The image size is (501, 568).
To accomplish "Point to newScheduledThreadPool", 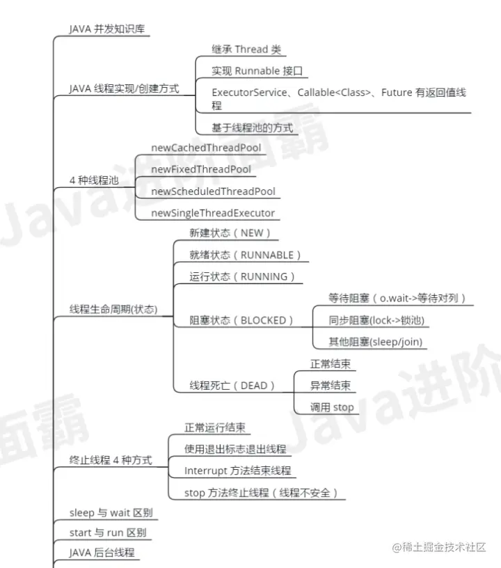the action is (x=213, y=191).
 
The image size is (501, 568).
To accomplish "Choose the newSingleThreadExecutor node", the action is (x=213, y=213).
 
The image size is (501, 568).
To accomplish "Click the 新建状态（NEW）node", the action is (x=230, y=233).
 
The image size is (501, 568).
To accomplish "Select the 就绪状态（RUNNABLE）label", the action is (x=246, y=255).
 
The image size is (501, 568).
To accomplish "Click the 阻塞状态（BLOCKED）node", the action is (x=241, y=320).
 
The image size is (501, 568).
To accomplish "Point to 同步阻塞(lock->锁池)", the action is (x=376, y=320).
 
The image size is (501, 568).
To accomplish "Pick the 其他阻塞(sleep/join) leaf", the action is (x=376, y=342).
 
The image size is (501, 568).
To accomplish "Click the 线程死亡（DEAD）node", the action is (x=232, y=385).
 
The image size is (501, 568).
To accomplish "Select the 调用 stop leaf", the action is (x=332, y=407).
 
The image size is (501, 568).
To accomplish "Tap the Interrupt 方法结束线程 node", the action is (x=237, y=471).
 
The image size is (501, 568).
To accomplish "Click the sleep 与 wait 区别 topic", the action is (x=111, y=514).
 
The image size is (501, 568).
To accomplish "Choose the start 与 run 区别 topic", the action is (x=108, y=533).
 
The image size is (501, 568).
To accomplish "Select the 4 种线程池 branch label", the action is (x=94, y=180).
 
